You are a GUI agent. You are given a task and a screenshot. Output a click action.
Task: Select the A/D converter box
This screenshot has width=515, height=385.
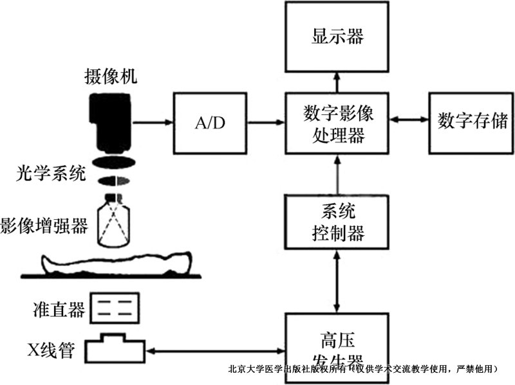tap(210, 121)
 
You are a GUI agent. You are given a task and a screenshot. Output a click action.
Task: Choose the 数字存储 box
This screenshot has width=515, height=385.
tap(471, 121)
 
